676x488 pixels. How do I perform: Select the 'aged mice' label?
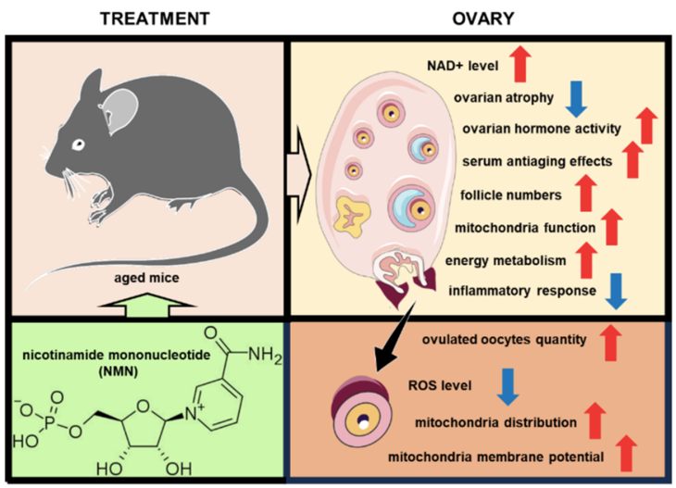click(140, 276)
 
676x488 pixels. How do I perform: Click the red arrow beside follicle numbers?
click(584, 194)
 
